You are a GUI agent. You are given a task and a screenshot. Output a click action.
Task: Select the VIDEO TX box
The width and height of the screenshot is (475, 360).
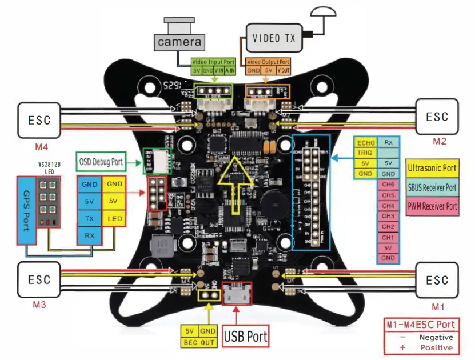point(274,38)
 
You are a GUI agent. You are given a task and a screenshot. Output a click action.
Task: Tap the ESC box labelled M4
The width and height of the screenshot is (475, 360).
point(39,121)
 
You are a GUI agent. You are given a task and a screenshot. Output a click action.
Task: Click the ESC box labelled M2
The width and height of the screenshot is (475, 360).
point(437,117)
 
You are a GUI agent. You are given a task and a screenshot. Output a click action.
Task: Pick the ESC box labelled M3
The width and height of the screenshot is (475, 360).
point(39,280)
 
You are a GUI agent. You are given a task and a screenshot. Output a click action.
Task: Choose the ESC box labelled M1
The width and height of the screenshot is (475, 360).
point(437,280)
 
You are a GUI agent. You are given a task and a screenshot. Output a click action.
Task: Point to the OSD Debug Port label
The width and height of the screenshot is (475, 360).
point(101,162)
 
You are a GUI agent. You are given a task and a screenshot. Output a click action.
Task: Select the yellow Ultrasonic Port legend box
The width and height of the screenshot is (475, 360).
point(433,168)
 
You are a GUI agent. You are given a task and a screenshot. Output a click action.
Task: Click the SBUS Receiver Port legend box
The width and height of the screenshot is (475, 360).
point(433,187)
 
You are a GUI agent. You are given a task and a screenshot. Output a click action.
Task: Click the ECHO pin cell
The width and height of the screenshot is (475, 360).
point(365,142)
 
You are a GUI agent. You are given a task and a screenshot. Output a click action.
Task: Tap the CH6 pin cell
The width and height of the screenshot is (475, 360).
point(388,185)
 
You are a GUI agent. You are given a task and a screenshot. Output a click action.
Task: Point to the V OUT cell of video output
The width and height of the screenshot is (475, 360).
point(283,70)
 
